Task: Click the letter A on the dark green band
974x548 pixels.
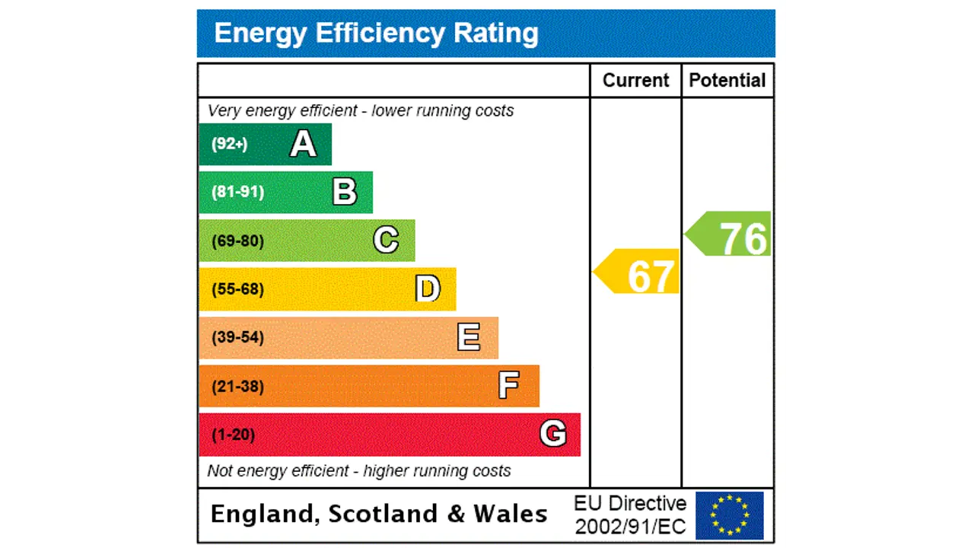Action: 303,144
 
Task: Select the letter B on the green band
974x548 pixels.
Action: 345,192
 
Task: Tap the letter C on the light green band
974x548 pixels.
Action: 386,241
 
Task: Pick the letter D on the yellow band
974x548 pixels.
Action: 428,289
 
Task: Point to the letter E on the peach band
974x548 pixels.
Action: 469,337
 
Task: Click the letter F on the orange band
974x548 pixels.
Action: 509,386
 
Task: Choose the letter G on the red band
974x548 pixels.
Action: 553,434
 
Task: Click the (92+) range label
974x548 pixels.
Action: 229,144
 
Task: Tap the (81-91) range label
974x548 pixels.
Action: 237,192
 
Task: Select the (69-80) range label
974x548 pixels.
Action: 237,241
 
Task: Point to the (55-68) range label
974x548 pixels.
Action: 237,289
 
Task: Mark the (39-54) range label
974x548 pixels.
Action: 237,337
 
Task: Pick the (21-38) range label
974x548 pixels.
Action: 237,387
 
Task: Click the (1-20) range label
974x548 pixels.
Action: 233,435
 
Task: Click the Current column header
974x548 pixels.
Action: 635,81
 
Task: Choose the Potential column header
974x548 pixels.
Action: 727,81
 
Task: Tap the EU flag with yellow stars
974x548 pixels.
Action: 729,515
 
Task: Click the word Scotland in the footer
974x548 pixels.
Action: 384,515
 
